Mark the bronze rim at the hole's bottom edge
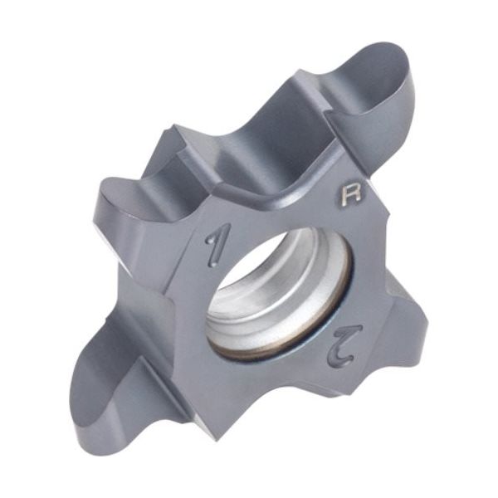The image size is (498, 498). (274, 355)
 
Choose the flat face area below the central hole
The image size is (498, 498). (249, 398)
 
